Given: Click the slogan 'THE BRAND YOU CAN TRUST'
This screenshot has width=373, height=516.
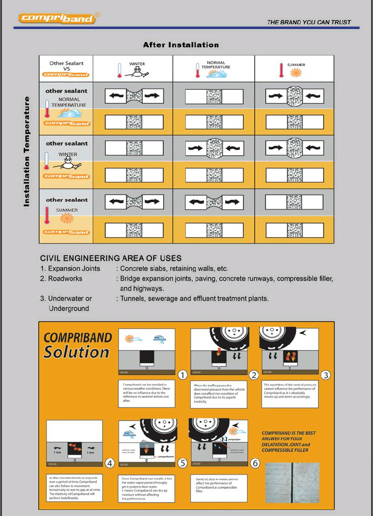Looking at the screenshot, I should [309, 22].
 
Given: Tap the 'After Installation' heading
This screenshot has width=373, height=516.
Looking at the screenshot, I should [180, 45].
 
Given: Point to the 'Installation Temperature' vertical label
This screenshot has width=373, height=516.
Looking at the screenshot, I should [27, 151].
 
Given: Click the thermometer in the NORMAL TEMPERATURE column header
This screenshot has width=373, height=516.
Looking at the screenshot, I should [197, 70].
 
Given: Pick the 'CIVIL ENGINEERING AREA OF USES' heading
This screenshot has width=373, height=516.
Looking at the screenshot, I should [111, 258].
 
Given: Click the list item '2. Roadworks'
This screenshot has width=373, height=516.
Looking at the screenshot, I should [61, 278].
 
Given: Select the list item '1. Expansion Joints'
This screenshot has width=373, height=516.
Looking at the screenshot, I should [70, 268].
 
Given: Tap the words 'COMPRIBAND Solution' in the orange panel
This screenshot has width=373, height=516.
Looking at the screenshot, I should [77, 345].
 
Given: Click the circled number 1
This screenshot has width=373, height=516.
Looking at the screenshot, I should [183, 374].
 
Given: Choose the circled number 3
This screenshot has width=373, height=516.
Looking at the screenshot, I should [326, 374].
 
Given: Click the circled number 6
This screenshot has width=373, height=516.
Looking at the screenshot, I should [255, 463].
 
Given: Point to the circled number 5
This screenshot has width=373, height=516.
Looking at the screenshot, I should [182, 463].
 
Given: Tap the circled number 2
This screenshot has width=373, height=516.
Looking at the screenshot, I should [254, 374].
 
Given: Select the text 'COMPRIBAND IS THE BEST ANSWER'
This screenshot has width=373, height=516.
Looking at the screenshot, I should [289, 436].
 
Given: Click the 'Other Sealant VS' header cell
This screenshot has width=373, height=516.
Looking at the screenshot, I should [66, 68].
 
